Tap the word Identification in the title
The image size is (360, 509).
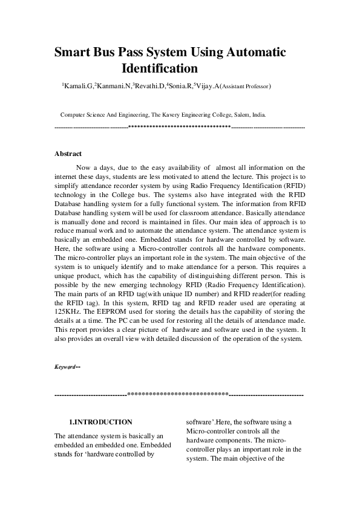(x=160, y=68)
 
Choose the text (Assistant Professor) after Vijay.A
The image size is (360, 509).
(x=246, y=88)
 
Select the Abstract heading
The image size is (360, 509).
(x=68, y=154)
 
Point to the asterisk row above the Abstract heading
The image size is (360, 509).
(x=180, y=128)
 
